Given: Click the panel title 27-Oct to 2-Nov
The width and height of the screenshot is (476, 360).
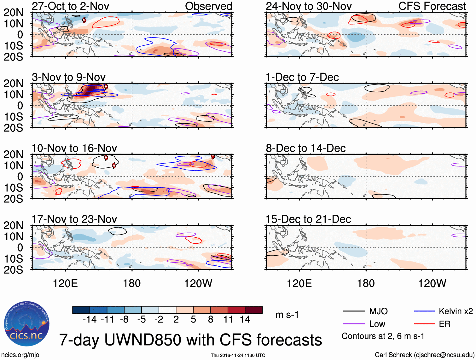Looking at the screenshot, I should tap(70, 6).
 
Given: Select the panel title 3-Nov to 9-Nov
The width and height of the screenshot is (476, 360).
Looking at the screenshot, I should tap(69, 77).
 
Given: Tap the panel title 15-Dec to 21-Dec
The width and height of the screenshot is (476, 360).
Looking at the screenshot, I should tap(308, 219).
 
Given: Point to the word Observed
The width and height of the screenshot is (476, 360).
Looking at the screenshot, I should tap(208, 6).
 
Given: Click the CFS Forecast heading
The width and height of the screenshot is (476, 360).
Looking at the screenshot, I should tap(432, 6).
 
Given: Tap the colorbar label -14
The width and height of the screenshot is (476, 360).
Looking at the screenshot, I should tap(90, 319).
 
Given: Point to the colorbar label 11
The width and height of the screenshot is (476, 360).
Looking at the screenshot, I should tap(228, 319).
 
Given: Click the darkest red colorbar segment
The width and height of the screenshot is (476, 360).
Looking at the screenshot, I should tap(254, 310).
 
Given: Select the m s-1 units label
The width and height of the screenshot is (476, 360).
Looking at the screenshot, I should tap(287, 315).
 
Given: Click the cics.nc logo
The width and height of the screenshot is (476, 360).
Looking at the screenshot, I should tap(27, 324).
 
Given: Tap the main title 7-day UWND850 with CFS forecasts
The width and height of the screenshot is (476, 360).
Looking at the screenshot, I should tap(190, 340).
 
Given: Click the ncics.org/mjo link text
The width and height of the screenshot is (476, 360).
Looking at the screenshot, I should tap(20, 355).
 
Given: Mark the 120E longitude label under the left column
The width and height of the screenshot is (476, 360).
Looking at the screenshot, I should tap(65, 283).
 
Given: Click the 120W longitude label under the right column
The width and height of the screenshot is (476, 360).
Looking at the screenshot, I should tap(432, 283).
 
